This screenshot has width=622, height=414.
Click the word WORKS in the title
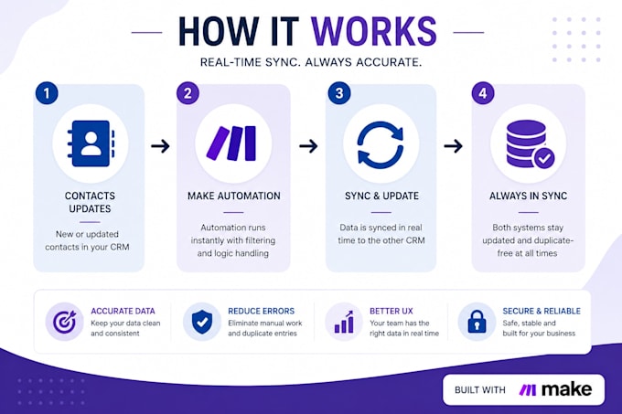pos(374,31)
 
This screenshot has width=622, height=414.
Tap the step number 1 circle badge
pos(47,93)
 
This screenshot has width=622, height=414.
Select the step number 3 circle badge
pos(339,93)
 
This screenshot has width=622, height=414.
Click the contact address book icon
pos(91,143)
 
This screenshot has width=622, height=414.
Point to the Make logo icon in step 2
pos(231,143)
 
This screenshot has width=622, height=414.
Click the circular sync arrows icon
pos(381,145)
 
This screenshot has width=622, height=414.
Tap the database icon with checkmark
pos(531,144)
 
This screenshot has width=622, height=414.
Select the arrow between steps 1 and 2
pos(160,146)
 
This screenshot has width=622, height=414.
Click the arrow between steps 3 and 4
pos(454,146)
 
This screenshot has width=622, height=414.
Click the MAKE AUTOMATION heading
pos(233,196)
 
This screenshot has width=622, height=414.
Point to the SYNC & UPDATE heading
pos(381,196)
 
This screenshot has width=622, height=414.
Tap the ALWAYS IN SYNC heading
pos(528,196)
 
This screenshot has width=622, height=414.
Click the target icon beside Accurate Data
pos(65,322)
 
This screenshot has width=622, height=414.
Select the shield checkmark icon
pos(202,322)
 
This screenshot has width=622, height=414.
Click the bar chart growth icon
pos(344,322)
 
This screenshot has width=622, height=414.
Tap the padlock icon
pos(477,322)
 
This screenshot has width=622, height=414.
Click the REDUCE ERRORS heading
pos(261,311)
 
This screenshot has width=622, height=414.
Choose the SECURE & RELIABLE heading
pos(542,311)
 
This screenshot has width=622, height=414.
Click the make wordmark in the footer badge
pos(567,389)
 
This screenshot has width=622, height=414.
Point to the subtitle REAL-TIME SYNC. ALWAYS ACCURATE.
pos(311,62)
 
